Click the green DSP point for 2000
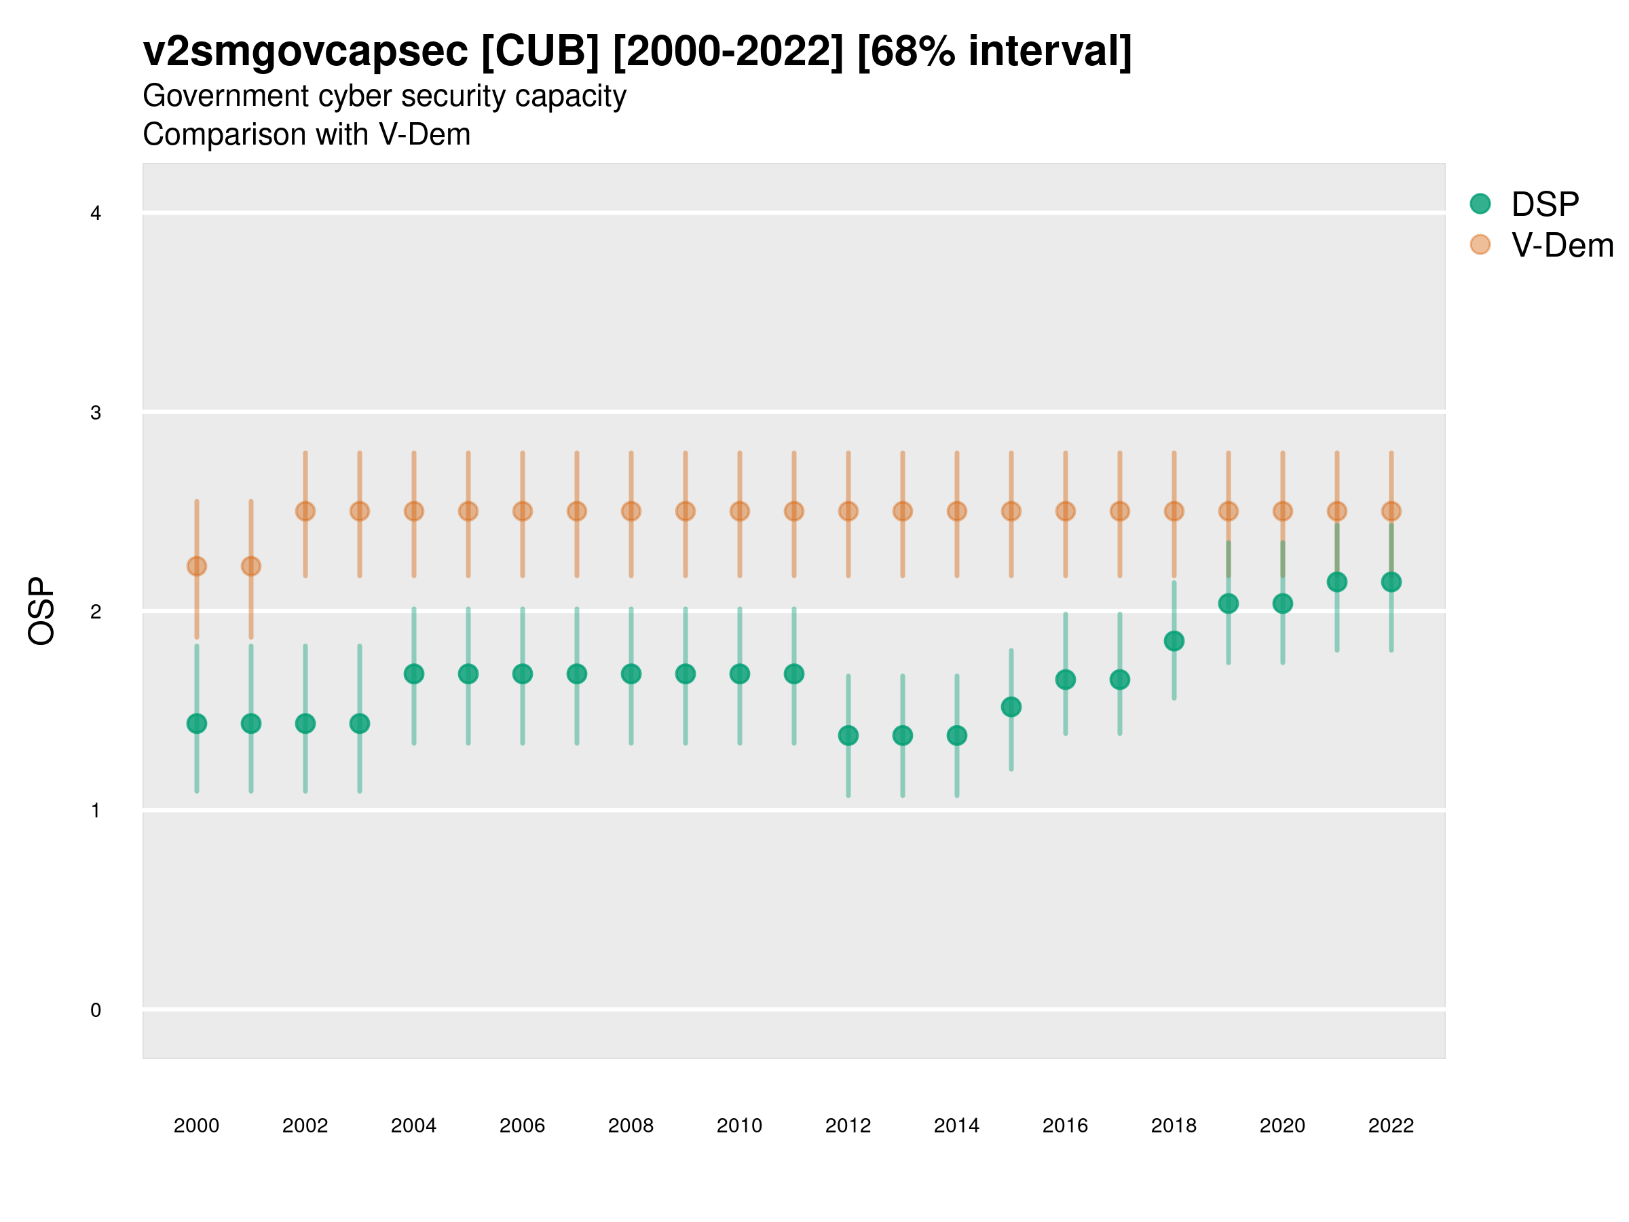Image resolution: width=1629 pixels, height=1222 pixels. pyautogui.click(x=197, y=723)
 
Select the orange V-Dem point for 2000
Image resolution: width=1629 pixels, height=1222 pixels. pyautogui.click(x=197, y=566)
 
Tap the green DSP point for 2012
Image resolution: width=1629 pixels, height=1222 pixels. pyautogui.click(x=848, y=735)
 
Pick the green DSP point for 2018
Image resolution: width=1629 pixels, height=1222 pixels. pyautogui.click(x=1174, y=641)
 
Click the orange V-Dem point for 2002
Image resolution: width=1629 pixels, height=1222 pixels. pyautogui.click(x=305, y=511)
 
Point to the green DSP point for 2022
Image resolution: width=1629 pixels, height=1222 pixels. pyautogui.click(x=1391, y=582)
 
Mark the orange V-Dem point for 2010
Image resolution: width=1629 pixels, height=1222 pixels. pyautogui.click(x=739, y=511)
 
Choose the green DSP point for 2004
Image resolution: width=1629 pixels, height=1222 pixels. pyautogui.click(x=414, y=674)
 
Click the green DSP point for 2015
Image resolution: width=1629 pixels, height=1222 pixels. pyautogui.click(x=1011, y=707)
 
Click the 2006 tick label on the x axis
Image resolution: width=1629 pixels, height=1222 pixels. pyautogui.click(x=522, y=1126)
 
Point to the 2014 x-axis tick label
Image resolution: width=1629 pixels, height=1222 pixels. pyautogui.click(x=956, y=1126)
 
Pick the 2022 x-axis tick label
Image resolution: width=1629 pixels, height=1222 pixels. pyautogui.click(x=1391, y=1126)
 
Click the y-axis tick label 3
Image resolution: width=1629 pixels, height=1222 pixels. pyautogui.click(x=96, y=413)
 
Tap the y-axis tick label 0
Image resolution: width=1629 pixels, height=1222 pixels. pyautogui.click(x=96, y=1010)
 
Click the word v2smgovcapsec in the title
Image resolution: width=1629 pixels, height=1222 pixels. pyautogui.click(x=305, y=52)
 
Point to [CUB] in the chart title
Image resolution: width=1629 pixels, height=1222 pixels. pyautogui.click(x=540, y=52)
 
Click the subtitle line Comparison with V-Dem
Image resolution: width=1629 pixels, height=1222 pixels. pyautogui.click(x=306, y=135)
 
